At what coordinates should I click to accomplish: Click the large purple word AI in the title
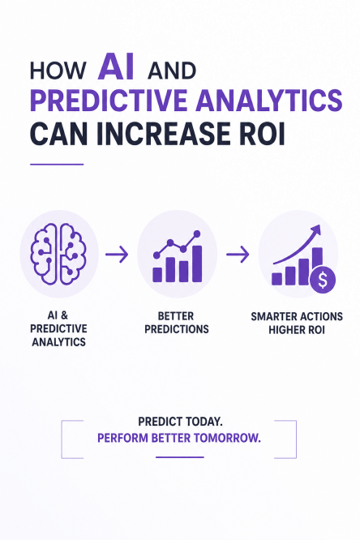116,66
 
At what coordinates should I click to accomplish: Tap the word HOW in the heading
58,71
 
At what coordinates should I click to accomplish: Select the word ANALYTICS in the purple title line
271,100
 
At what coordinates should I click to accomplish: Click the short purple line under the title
57,165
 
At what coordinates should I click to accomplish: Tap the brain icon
58,254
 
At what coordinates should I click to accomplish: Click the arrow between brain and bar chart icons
117,255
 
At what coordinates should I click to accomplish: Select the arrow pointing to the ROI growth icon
238,255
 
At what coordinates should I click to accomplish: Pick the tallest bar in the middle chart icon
197,264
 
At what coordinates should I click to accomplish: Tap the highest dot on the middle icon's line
197,234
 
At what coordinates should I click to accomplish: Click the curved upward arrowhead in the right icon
316,229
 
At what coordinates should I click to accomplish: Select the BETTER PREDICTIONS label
176,323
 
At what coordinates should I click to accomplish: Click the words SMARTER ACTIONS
297,316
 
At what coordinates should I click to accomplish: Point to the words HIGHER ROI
297,330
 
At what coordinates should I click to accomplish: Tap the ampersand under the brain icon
64,315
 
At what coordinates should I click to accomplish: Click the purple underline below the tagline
179,457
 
